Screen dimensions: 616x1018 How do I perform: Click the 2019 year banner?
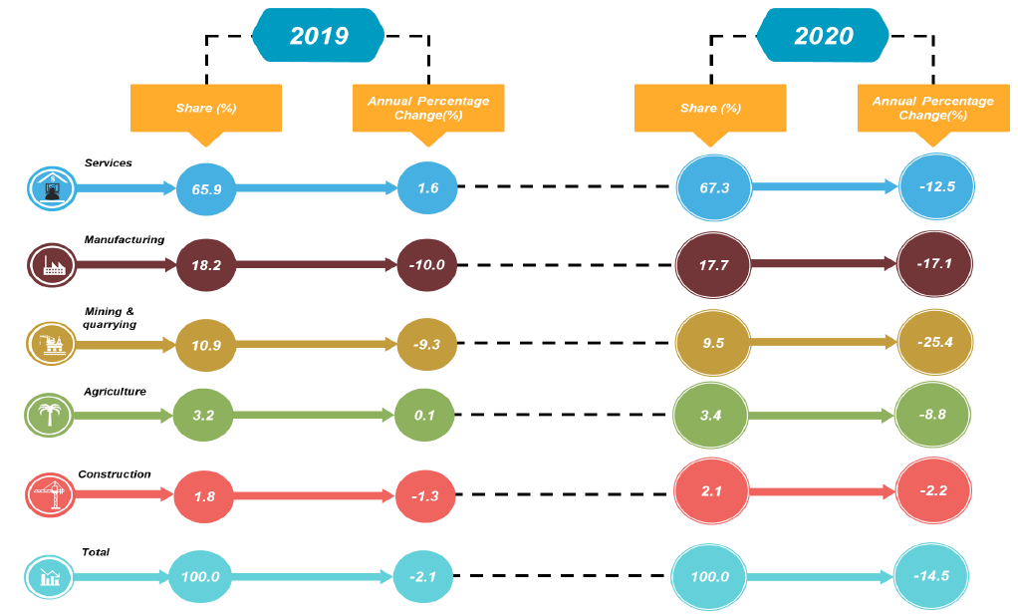pyautogui.click(x=319, y=36)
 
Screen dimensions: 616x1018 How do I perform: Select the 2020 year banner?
pyautogui.click(x=824, y=36)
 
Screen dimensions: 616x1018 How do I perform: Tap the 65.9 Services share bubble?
pyautogui.click(x=206, y=187)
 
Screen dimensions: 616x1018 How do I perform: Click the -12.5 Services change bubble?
pyautogui.click(x=934, y=187)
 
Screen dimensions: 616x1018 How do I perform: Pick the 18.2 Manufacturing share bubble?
pyautogui.click(x=206, y=264)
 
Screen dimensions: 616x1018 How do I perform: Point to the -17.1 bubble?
pyautogui.click(x=934, y=264)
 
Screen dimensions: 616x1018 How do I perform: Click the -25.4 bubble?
pyautogui.click(x=934, y=342)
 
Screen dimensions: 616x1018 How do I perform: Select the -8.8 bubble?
pyautogui.click(x=934, y=414)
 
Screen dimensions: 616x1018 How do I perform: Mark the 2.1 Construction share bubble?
pyautogui.click(x=711, y=491)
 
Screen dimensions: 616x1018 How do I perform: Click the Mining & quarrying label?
pyautogui.click(x=111, y=318)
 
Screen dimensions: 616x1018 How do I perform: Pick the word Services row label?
pyautogui.click(x=109, y=161)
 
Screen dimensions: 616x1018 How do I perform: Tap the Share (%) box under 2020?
pyautogui.click(x=710, y=108)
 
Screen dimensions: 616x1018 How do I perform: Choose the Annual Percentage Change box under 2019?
pyautogui.click(x=428, y=108)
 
